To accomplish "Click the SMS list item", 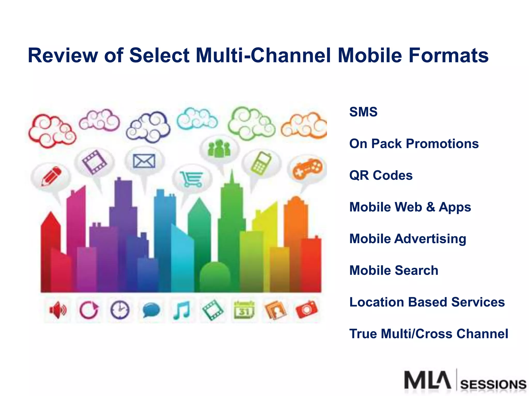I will pos(363,112).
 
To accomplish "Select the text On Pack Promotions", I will pos(414,144).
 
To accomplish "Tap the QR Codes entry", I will pos(381,175).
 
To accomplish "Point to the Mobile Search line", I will pos(394,270).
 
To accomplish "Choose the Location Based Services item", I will pos(427,302).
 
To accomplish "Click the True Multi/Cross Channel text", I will pos(429,334).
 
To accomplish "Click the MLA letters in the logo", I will pos(427,380).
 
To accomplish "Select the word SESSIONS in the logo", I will pos(493,385).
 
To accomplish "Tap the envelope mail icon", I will pos(144,161).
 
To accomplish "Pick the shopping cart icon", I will pos(192,179).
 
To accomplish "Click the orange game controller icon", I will pos(307,168).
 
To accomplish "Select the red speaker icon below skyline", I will pos(58,310).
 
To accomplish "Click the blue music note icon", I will pos(182,310).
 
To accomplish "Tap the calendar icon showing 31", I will pos(244,310).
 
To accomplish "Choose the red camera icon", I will pos(306,310).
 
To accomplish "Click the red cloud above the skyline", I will pos(52,131).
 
